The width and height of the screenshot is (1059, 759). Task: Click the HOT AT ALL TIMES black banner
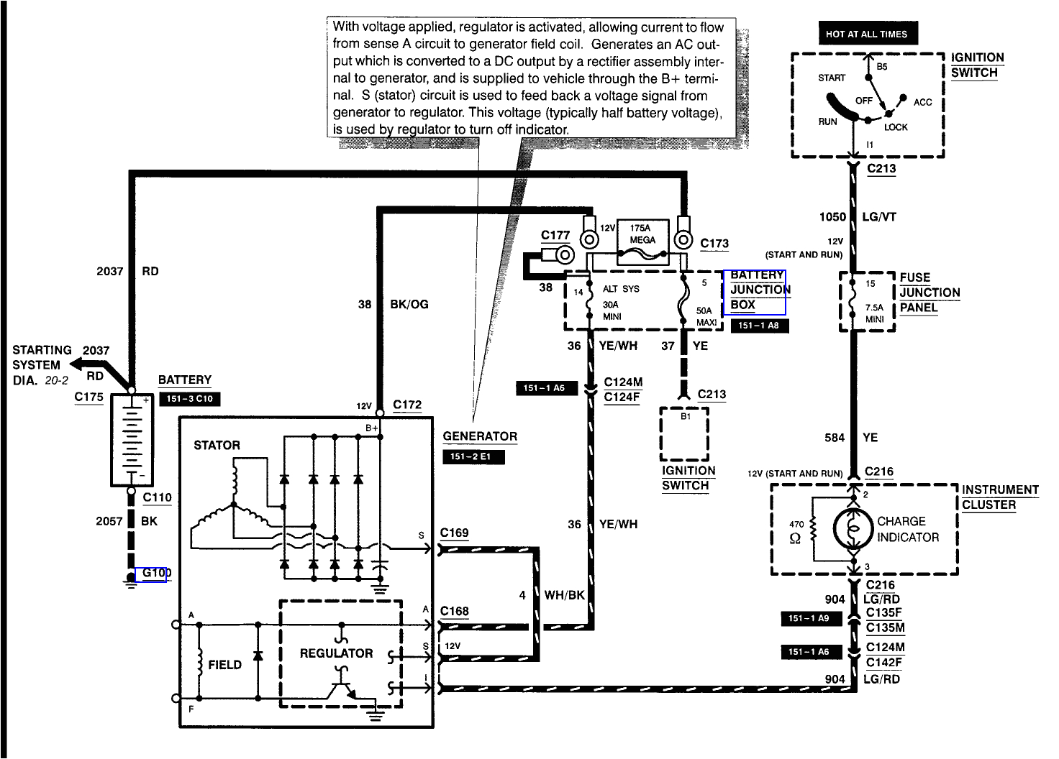tap(867, 34)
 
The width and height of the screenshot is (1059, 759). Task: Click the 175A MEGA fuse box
tap(642, 241)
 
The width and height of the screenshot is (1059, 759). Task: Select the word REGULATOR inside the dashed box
tap(336, 653)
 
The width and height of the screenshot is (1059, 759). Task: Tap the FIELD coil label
tap(224, 665)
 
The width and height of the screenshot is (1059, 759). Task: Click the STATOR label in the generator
tap(217, 445)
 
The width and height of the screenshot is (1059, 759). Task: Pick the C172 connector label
tap(407, 405)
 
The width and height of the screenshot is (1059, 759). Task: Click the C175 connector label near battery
tap(88, 397)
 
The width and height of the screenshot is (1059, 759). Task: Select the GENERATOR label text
tap(480, 436)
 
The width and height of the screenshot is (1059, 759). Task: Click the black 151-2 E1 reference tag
tap(473, 457)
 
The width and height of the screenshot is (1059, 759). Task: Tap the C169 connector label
tap(454, 533)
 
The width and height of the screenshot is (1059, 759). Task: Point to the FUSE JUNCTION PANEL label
tap(929, 293)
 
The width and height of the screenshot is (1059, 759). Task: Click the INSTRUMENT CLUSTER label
tap(999, 497)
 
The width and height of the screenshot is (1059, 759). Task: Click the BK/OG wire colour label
tap(409, 304)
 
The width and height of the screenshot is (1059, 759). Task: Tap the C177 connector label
tap(555, 235)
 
